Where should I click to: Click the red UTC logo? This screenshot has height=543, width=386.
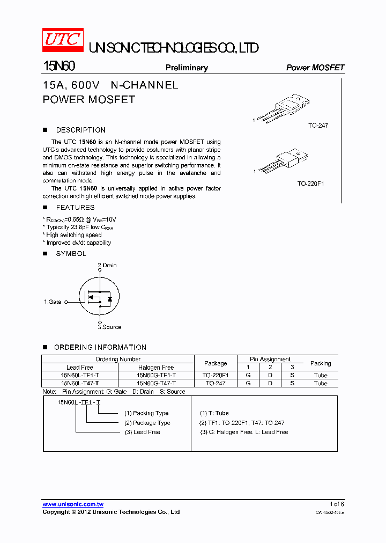(63, 40)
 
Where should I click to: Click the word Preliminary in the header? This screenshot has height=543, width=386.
(187, 68)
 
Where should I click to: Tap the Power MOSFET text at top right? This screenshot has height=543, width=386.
(315, 68)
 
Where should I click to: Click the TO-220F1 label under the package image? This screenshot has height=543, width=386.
(311, 184)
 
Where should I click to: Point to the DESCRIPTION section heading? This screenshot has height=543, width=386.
(80, 130)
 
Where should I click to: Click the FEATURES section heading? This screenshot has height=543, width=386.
(75, 208)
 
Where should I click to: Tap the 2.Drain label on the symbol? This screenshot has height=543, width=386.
(107, 266)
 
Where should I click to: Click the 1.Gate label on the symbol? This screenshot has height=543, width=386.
(53, 302)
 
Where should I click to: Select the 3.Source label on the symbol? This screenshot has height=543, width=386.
(109, 327)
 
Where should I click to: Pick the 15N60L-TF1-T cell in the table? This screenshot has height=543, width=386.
(79, 376)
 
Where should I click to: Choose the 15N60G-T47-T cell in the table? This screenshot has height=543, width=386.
(156, 384)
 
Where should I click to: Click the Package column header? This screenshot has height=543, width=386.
(216, 363)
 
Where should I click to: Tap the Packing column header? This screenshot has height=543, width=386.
(321, 363)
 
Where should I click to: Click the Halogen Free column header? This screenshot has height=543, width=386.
(156, 368)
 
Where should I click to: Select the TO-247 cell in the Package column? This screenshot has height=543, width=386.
(216, 384)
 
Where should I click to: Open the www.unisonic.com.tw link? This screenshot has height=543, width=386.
(73, 504)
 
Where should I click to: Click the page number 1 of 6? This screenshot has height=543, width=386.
(337, 504)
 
